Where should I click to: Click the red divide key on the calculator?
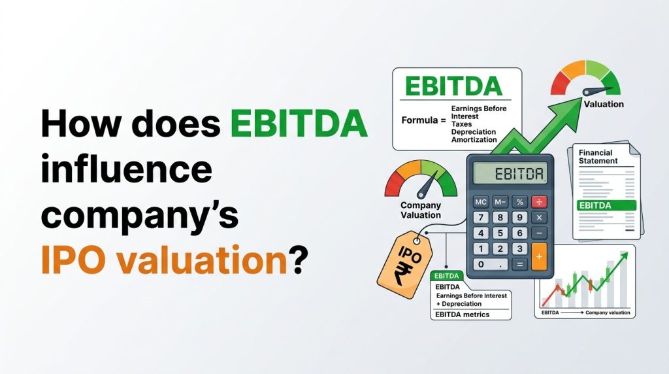tap(540, 201)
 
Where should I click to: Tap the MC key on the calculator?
tap(481, 201)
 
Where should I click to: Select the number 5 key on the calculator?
tap(501, 233)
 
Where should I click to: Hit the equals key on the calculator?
tap(520, 264)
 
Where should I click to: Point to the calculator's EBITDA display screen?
tap(510, 175)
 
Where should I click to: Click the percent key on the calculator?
tap(520, 201)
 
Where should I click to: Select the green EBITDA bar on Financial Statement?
tap(607, 205)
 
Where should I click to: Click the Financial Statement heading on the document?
tap(598, 156)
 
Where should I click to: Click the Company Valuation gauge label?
tap(420, 210)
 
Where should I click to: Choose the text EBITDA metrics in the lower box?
tap(462, 314)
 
